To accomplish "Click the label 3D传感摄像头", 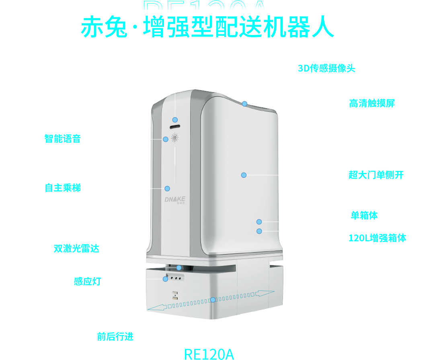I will pos(326,68).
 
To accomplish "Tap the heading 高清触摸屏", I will pos(372,103).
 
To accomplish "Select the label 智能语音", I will pos(63,139).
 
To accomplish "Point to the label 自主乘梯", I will pos(63,188).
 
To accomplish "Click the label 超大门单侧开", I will pos(376,175).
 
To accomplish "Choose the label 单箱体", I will pos(364,216).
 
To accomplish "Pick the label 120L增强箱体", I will pos(377,238).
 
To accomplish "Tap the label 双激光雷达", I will pos(76,248).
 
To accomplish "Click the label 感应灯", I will pos(87,282).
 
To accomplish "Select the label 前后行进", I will pos(115,336).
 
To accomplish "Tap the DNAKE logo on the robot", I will pos(175,200).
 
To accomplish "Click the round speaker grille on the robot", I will pos(175,138).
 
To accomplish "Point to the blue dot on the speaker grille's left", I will pos(166,139).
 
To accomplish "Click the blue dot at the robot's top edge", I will pos(244,104).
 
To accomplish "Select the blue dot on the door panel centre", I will pos(244,175).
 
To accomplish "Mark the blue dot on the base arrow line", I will pos(213,300).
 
